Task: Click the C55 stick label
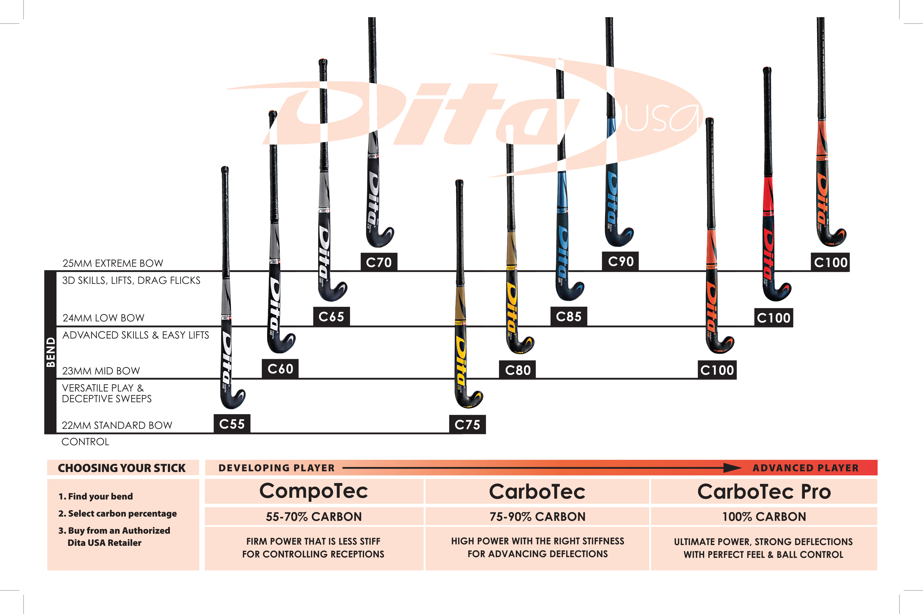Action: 232,424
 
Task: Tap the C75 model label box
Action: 467,424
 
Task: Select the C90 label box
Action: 620,261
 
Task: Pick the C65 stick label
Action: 331,316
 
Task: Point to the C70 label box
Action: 378,262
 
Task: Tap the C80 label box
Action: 517,370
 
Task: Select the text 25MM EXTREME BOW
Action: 113,263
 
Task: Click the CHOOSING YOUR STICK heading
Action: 122,468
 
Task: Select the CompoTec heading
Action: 314,491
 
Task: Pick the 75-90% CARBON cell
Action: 537,516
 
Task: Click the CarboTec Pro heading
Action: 764,491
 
